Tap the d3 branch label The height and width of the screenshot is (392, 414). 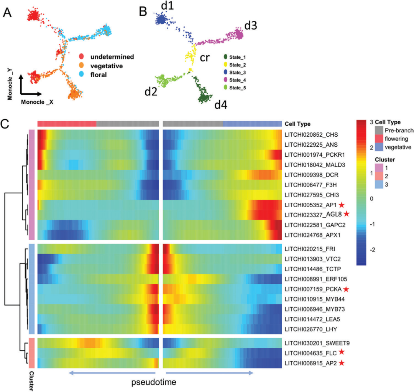[x=251, y=25]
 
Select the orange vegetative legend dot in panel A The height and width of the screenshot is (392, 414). [x=81, y=66]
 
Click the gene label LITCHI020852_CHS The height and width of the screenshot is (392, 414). [x=310, y=135]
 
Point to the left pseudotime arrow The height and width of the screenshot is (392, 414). [x=111, y=372]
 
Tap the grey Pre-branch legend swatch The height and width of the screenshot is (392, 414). [x=378, y=130]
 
